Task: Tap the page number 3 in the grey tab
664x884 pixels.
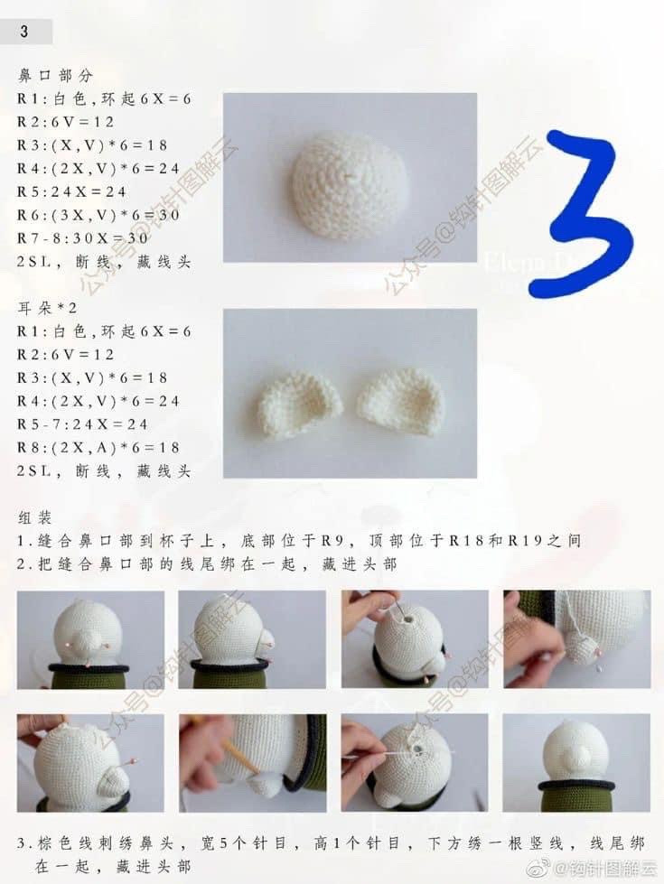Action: (23, 31)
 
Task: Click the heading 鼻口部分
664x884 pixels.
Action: (55, 75)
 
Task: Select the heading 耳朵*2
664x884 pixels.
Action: (47, 308)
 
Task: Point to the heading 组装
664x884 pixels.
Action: (34, 517)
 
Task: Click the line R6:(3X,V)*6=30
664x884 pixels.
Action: (98, 215)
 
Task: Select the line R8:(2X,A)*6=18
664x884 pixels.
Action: (98, 448)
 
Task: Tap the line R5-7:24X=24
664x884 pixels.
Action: (82, 424)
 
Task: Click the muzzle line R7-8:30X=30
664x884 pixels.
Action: (82, 238)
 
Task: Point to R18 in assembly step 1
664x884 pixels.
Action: (467, 541)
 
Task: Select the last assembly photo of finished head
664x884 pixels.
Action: (576, 763)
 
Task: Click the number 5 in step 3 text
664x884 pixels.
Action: (223, 843)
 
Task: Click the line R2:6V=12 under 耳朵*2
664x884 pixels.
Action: (65, 354)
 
